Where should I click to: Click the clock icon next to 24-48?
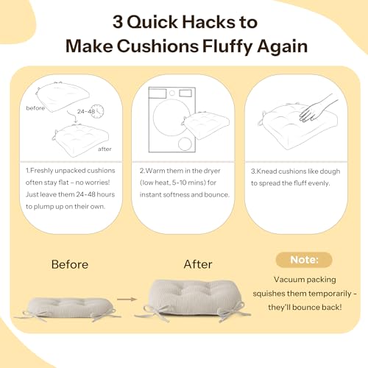point(98,111)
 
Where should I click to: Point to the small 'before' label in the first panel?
point(35,108)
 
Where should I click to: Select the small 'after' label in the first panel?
point(105,149)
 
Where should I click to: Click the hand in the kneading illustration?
point(316,109)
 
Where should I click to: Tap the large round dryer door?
point(171,117)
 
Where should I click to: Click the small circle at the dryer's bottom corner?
point(185,144)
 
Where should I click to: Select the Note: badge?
point(304,260)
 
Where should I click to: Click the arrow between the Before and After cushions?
point(127,299)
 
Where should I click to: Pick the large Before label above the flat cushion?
point(70,264)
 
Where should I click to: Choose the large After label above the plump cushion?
point(198,264)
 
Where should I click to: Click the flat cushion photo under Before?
point(68,308)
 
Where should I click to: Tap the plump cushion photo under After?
point(194,300)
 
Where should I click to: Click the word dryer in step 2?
point(212,171)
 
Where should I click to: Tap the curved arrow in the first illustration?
point(72,116)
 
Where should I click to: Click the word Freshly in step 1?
point(41,171)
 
